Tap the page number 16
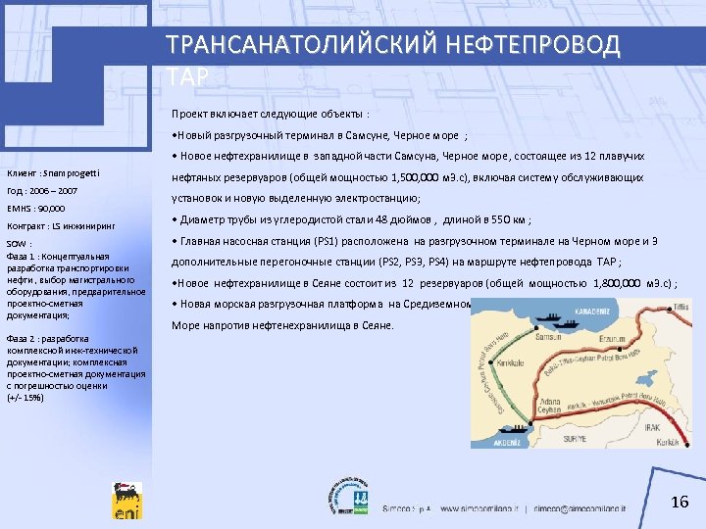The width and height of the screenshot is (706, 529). point(681,503)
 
